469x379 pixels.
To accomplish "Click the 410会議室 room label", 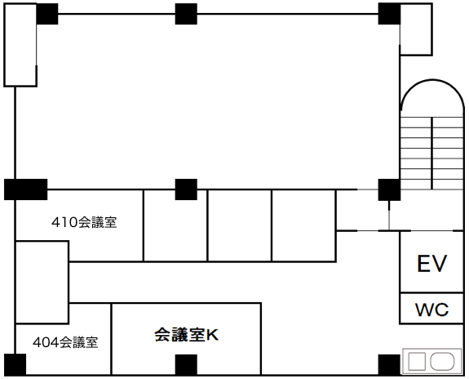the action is tap(84, 222).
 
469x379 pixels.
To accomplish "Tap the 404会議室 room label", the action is tap(65, 342).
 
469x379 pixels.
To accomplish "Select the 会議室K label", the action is tap(186, 335).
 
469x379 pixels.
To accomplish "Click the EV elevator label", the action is tap(432, 263).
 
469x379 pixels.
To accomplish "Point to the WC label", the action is tap(432, 310).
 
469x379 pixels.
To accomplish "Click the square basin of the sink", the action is tap(417, 361).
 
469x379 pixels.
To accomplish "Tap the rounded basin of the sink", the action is tap(442, 361).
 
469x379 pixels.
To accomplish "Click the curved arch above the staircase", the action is tap(432, 80).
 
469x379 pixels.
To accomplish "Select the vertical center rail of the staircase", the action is tap(432, 153).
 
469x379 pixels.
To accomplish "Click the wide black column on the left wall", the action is tap(26, 189).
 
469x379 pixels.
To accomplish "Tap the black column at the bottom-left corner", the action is tap(15, 364).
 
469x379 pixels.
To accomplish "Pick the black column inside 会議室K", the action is tap(186, 364).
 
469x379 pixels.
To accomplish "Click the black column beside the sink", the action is tap(389, 364).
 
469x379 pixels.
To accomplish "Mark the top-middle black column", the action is tap(186, 14).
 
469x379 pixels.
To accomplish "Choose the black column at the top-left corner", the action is tap(47, 14).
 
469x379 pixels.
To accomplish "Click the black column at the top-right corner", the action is tap(389, 14).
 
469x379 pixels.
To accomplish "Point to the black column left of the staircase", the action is tap(389, 189).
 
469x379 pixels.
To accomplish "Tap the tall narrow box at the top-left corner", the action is tap(20, 45).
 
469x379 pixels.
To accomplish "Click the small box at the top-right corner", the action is tap(416, 29).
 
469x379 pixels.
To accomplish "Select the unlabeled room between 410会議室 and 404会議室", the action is tap(42, 283).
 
